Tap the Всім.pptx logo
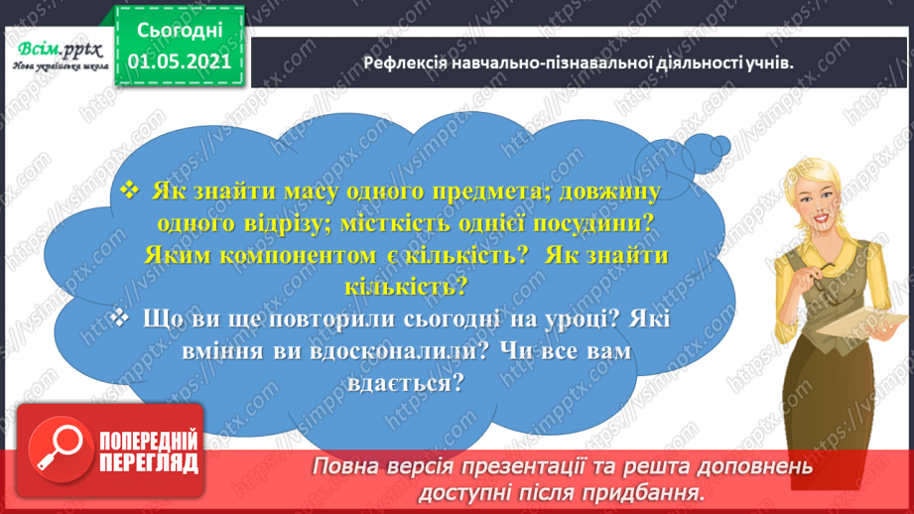57,57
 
